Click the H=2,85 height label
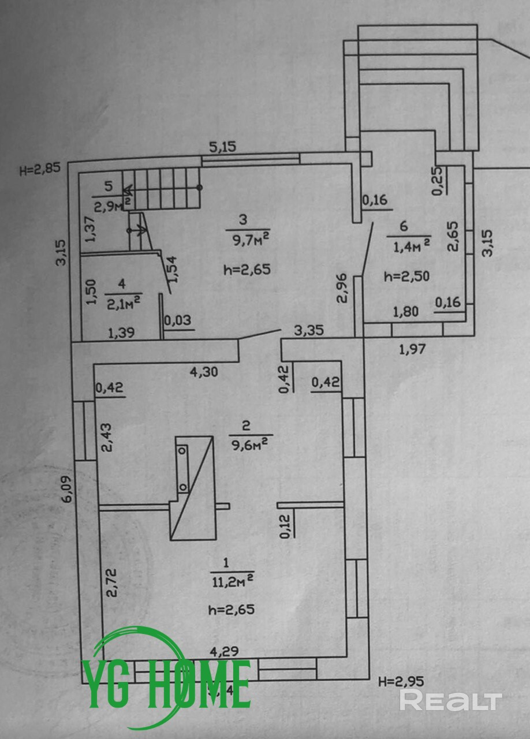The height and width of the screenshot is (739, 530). (39, 170)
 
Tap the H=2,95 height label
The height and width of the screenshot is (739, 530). (401, 681)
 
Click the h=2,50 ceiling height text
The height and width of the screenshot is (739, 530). (406, 276)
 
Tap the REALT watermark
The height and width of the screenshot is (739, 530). (451, 700)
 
